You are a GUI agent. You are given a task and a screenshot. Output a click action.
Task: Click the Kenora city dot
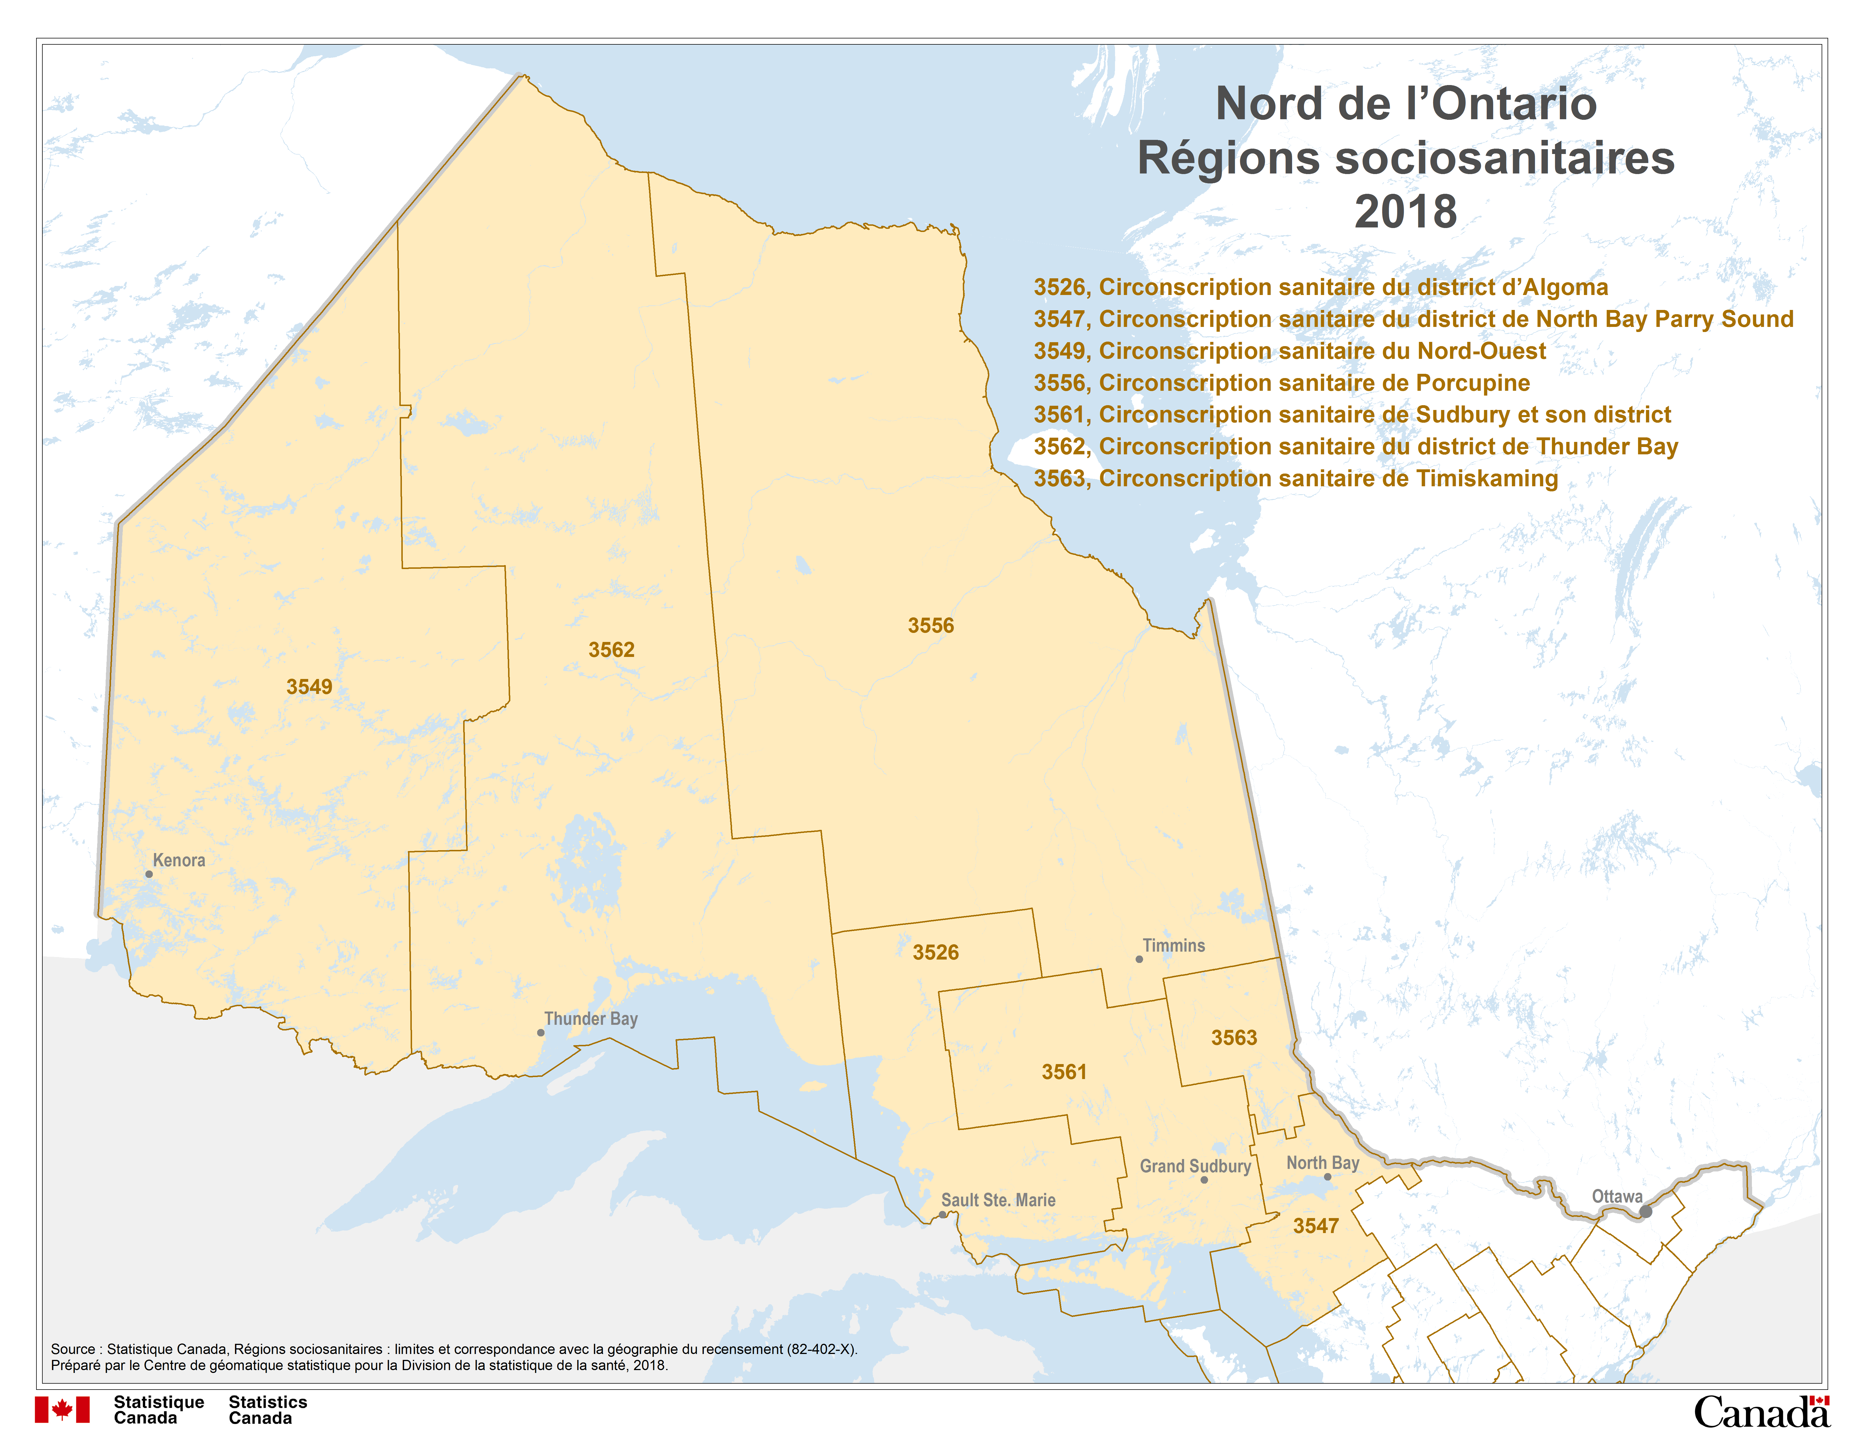pyautogui.click(x=149, y=874)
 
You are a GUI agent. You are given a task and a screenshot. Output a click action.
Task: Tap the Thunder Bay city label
pyautogui.click(x=591, y=1018)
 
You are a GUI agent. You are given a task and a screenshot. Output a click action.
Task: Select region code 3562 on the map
pyautogui.click(x=611, y=650)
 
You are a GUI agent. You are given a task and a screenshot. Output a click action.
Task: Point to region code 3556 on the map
pyautogui.click(x=930, y=626)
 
